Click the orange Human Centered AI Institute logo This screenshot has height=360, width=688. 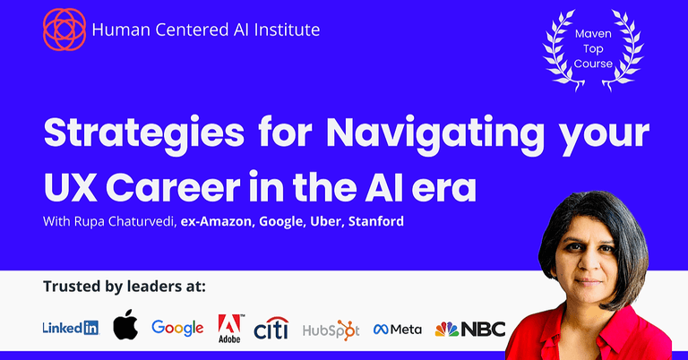click(x=63, y=29)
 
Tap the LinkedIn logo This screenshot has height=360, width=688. click(x=71, y=328)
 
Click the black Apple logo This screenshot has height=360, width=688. click(x=125, y=326)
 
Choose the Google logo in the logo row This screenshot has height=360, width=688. click(x=177, y=328)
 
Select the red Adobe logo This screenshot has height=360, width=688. click(x=230, y=328)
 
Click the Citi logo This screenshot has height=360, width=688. click(x=271, y=328)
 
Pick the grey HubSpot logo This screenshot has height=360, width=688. click(x=331, y=329)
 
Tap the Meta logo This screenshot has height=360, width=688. click(x=398, y=329)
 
